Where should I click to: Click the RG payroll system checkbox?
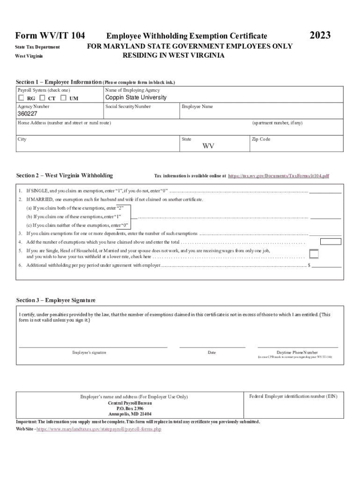coord(21,98)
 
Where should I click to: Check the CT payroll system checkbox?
coord(42,98)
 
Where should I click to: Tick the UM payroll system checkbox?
coord(63,98)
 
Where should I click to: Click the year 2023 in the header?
coord(320,36)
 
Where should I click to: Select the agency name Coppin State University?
coord(136,98)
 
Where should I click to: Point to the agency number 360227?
coord(27,114)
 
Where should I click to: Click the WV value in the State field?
coord(208,146)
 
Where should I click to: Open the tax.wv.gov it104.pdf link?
coord(278,176)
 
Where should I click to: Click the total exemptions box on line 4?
coord(331,242)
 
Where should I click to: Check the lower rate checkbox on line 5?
coord(314,254)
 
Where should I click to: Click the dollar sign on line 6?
coord(309,265)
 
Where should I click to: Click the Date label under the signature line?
coord(212,352)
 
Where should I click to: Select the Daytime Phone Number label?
coord(297,352)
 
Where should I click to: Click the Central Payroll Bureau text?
coord(130,403)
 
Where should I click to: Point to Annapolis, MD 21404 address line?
coord(130,414)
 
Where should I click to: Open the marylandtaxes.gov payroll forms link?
coord(99,428)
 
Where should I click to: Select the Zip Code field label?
coord(261,139)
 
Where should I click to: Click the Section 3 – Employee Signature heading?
coord(56,300)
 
